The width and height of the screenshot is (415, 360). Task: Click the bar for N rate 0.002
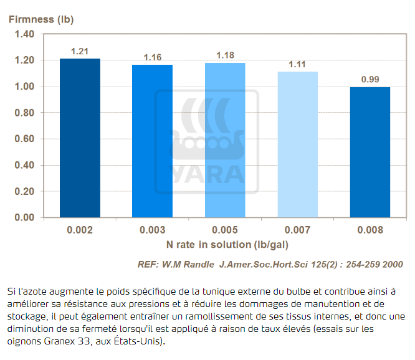tap(80, 138)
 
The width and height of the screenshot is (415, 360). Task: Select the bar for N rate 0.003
tap(153, 141)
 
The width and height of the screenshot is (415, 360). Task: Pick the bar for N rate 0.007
tap(298, 144)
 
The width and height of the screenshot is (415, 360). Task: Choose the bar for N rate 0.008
tap(370, 152)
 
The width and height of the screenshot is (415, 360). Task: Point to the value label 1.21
tap(80, 51)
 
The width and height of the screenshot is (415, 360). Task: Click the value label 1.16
tap(153, 57)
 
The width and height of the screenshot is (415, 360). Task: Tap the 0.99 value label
tap(370, 80)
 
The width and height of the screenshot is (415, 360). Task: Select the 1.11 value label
tap(298, 64)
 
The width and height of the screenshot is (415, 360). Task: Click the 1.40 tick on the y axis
tap(25, 34)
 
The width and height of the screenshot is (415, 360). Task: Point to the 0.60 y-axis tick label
tap(25, 139)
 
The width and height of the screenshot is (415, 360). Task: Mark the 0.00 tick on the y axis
tap(25, 217)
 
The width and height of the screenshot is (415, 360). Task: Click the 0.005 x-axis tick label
tap(226, 230)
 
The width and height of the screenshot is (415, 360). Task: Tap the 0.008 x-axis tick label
tap(370, 230)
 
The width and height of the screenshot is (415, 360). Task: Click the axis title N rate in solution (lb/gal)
tap(225, 244)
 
